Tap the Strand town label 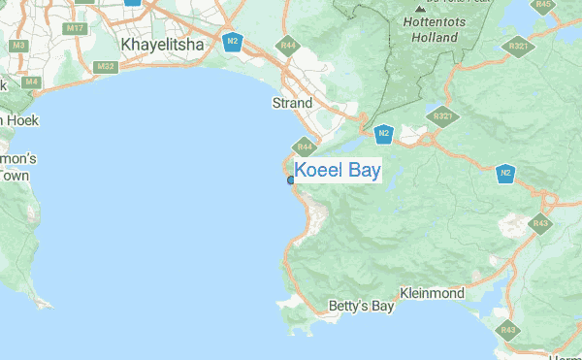[292, 103]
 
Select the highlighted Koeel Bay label [338, 171]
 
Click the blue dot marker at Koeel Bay [291, 180]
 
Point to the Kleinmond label [433, 293]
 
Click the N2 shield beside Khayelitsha [231, 41]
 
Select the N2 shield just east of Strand [384, 133]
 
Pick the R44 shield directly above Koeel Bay [305, 147]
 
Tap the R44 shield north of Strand [287, 46]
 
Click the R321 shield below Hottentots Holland [442, 116]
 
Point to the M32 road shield [107, 66]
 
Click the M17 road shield [75, 28]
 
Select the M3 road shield [17, 45]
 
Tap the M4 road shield [32, 82]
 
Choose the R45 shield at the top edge [544, 5]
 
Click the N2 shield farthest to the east [505, 174]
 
